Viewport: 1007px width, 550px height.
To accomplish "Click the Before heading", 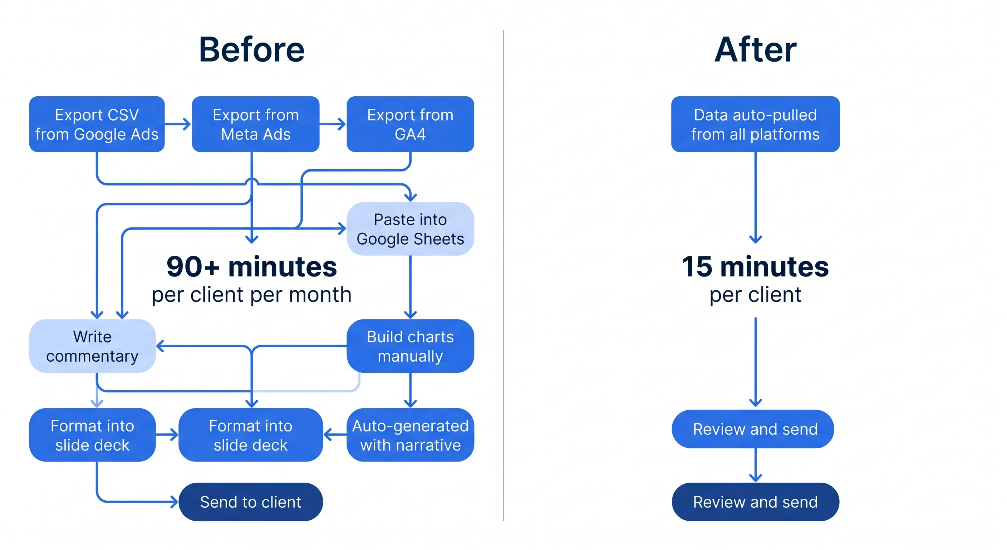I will tap(251, 50).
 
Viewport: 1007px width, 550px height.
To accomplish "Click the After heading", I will tap(755, 50).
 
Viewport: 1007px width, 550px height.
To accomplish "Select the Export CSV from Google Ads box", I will tap(97, 124).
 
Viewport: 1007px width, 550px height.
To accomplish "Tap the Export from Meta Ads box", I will tap(255, 124).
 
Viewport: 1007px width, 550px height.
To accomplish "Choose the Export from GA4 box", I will tap(410, 124).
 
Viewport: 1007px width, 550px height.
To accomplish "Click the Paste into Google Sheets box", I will tap(410, 229).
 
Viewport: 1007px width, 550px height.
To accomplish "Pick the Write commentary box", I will tap(92, 346).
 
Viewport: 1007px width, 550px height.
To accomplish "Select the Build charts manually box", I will tap(410, 346).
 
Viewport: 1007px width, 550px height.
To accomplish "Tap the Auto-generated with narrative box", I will tap(410, 435).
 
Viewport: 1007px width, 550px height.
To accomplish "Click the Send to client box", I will tap(251, 502).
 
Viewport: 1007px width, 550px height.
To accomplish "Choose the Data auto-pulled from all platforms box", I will tap(755, 124).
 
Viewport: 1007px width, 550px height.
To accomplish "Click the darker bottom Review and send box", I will tap(755, 502).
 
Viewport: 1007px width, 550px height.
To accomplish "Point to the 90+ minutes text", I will tap(251, 267).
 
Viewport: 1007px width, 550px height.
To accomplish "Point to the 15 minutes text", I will tap(755, 267).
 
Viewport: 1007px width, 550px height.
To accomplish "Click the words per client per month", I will tap(251, 295).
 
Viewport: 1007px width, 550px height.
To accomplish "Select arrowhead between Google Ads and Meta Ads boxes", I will tap(187, 124).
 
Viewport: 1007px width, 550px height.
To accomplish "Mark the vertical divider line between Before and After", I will tap(503, 274).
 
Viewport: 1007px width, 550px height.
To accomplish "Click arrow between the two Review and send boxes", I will tap(755, 466).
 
